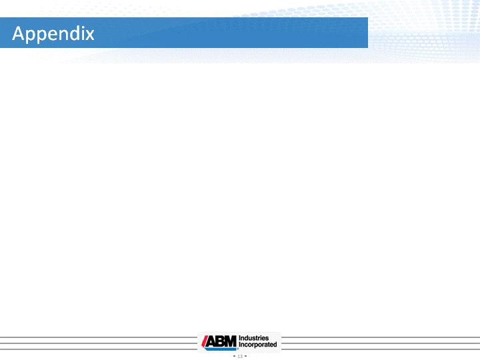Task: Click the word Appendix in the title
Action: point(53,34)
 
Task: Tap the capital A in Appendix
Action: point(18,33)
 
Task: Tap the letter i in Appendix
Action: point(81,33)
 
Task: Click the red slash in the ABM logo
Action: point(204,341)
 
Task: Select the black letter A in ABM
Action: point(211,341)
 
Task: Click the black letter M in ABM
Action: point(231,341)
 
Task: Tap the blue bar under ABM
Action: point(221,349)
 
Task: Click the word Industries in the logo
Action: point(254,338)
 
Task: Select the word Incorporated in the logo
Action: point(258,345)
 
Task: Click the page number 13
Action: point(240,356)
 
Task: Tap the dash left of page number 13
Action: point(234,356)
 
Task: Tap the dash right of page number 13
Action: point(245,356)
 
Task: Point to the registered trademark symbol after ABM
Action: point(238,349)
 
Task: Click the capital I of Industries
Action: point(240,338)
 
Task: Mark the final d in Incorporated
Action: point(275,345)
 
